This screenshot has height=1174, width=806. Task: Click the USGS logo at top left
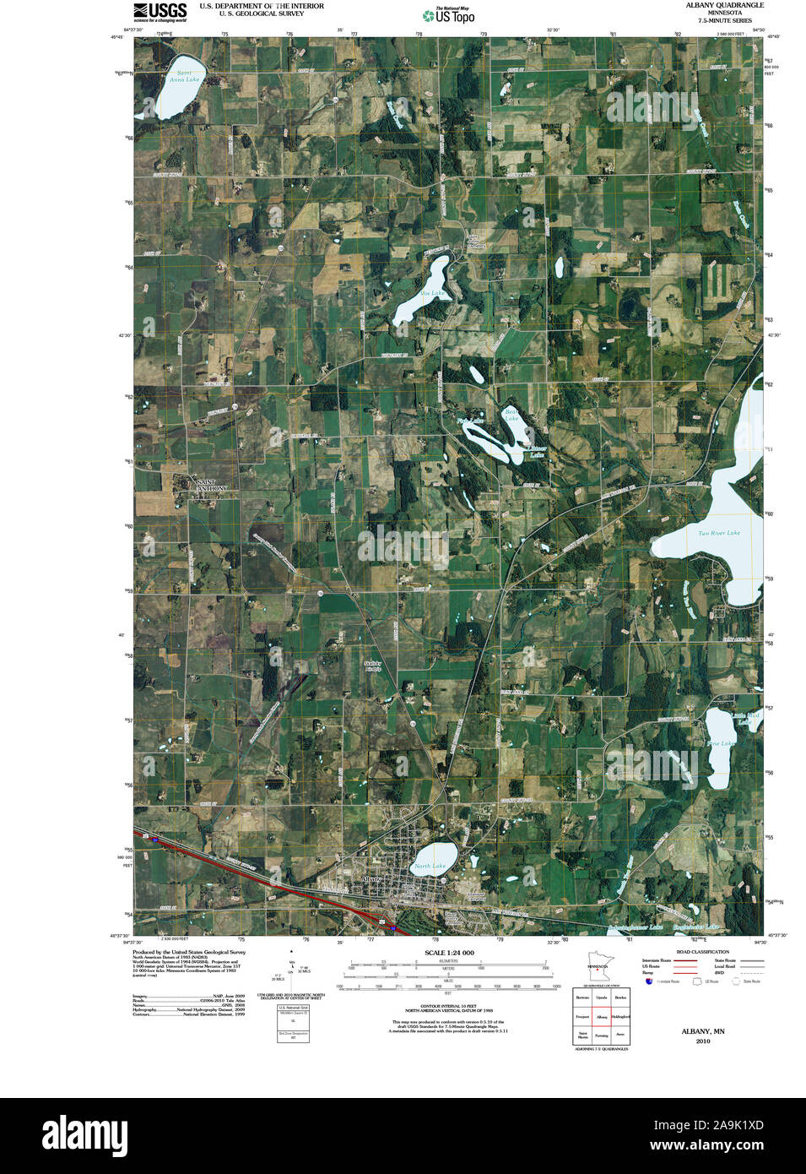coord(160,12)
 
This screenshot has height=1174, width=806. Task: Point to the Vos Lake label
coord(432,293)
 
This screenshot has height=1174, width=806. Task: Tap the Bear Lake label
coord(511,415)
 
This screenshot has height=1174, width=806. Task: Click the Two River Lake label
coord(719,533)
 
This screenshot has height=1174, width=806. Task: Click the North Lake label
coord(430,866)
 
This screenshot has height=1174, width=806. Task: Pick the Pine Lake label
coord(722,744)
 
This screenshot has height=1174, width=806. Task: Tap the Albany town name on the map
coord(371,879)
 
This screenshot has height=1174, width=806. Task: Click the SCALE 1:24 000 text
coord(449,953)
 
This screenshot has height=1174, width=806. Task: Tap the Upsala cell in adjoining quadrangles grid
coord(602,997)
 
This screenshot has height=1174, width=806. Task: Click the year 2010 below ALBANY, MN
coord(703,1041)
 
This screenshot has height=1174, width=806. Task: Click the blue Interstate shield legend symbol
coord(649,981)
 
